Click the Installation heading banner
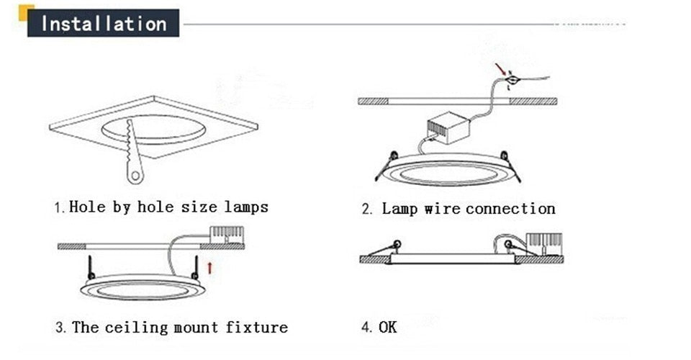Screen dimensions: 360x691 [x=103, y=23]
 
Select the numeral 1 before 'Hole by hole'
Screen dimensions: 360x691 [x=58, y=208]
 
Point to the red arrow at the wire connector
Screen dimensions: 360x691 [x=500, y=69]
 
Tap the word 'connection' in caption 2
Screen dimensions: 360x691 [x=510, y=210]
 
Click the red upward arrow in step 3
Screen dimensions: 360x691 [x=209, y=269]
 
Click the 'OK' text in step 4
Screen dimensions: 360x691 [x=387, y=328]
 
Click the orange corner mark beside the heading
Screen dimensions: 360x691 [x=24, y=9]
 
